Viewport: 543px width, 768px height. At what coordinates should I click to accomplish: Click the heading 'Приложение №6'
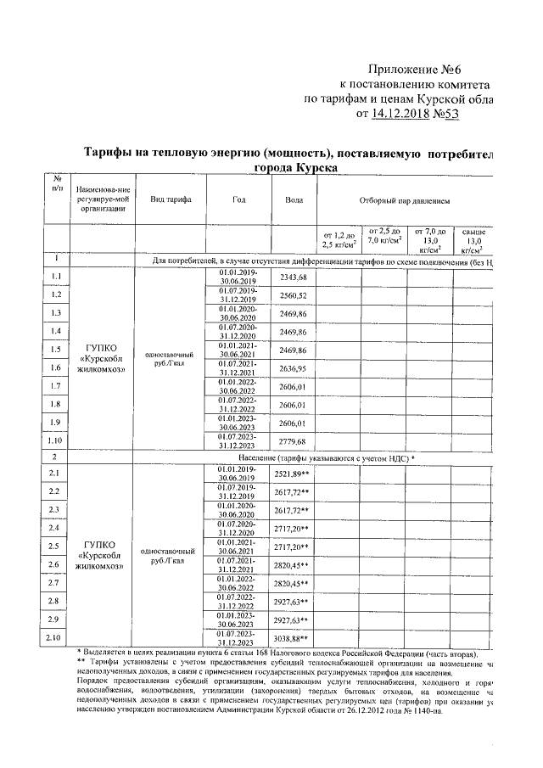[430, 70]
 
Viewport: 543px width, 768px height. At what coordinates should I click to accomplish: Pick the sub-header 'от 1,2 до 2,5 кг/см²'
[339, 239]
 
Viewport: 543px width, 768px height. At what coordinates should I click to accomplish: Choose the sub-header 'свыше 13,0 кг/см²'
[472, 239]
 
